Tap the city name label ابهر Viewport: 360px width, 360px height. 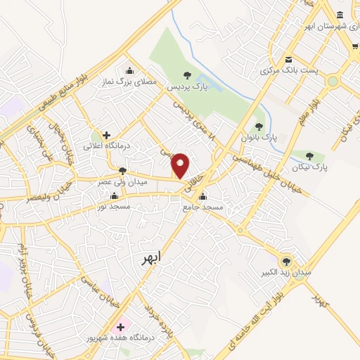[150, 259]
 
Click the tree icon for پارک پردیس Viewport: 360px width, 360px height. [186, 75]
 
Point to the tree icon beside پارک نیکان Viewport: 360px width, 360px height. [310, 155]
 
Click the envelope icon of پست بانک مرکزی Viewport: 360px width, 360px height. [288, 60]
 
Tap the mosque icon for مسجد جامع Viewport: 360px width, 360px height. [203, 196]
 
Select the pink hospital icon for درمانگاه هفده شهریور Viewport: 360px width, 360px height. [120, 327]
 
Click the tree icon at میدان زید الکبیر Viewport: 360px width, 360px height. [285, 259]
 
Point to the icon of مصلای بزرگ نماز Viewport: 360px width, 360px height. [129, 70]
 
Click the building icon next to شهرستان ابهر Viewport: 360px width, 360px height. [340, 15]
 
